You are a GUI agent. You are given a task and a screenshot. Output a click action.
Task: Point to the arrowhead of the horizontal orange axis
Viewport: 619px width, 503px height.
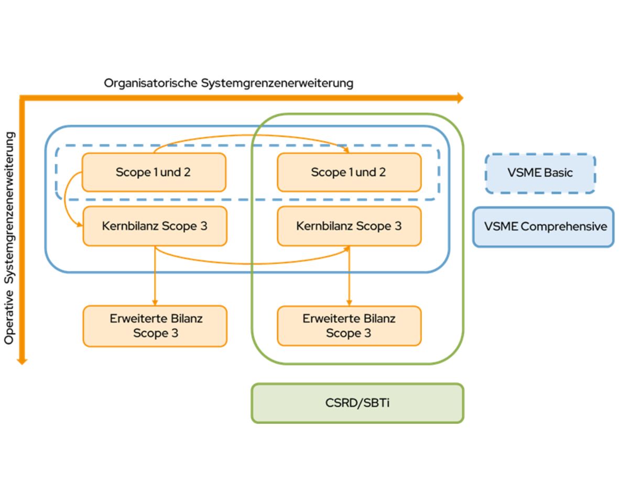pyautogui.click(x=460, y=97)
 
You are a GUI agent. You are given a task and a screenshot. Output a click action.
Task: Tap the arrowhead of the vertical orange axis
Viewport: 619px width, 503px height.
pyautogui.click(x=21, y=360)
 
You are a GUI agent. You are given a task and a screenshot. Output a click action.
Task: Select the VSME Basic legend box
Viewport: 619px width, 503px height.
pyautogui.click(x=540, y=173)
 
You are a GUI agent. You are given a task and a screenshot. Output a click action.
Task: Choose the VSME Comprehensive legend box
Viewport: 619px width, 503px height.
pyautogui.click(x=543, y=227)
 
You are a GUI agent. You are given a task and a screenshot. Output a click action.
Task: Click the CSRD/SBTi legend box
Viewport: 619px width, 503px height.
pyautogui.click(x=357, y=403)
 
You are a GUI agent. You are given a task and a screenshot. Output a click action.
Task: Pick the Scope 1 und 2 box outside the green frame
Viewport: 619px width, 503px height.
pyautogui.click(x=154, y=172)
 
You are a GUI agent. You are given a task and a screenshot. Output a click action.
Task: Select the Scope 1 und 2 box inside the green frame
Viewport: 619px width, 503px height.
pyautogui.click(x=349, y=172)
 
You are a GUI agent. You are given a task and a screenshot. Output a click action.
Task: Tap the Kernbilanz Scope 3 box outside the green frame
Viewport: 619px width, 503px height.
pyautogui.click(x=155, y=226)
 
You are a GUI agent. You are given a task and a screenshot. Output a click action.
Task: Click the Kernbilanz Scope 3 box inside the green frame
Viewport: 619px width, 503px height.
pyautogui.click(x=349, y=226)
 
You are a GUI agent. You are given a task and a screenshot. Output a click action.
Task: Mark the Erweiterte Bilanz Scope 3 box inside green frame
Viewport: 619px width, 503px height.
pyautogui.click(x=349, y=325)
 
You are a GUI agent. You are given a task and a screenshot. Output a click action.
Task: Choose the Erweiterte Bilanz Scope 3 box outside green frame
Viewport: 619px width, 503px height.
pyautogui.click(x=155, y=325)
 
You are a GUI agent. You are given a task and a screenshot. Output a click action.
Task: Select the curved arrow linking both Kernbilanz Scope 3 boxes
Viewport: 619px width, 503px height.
pyautogui.click(x=252, y=263)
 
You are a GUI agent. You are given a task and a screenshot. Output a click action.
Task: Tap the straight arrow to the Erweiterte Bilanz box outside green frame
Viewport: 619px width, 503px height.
pyautogui.click(x=155, y=278)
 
